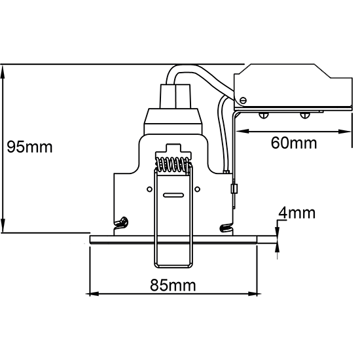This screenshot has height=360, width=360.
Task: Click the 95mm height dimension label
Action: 29,147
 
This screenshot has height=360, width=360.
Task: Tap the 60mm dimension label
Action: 294,143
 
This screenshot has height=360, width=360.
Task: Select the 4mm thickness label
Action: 297,213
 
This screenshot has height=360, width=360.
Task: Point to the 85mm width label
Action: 173,285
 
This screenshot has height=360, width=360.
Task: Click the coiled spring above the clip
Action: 173,164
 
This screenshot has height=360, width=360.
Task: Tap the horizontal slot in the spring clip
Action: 173,196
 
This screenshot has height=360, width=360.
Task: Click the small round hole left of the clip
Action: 149,189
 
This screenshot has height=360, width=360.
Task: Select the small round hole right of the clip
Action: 197,189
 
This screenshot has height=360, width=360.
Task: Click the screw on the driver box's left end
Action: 243,100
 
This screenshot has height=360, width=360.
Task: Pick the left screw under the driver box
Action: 264,115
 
